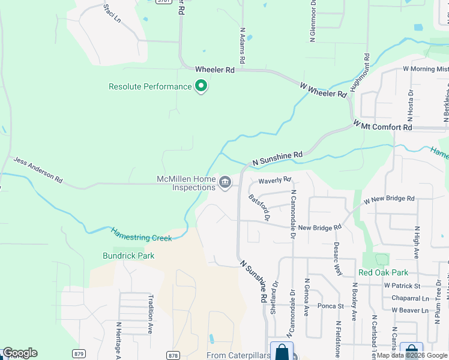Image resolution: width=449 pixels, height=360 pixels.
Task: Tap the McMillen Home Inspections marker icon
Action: (x=225, y=182)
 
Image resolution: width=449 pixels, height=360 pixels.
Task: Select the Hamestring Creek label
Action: (x=141, y=234)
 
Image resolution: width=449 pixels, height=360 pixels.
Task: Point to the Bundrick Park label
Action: (x=128, y=256)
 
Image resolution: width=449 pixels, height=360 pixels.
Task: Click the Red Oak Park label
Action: (x=383, y=272)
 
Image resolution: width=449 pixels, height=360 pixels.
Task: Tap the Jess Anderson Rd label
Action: (x=38, y=170)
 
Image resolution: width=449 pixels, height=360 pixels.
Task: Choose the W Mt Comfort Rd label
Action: (x=382, y=126)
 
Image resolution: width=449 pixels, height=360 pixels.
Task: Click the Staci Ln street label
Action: (x=112, y=13)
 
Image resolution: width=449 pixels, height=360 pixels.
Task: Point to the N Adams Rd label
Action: (x=243, y=45)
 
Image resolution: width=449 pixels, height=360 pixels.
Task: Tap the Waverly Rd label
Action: (x=274, y=180)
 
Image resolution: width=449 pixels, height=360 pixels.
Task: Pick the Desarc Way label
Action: (x=339, y=259)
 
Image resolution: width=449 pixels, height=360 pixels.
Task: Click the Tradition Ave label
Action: (x=150, y=320)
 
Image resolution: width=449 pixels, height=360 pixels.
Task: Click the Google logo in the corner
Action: (x=20, y=353)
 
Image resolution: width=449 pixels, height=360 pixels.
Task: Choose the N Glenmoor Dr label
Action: (x=313, y=21)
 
